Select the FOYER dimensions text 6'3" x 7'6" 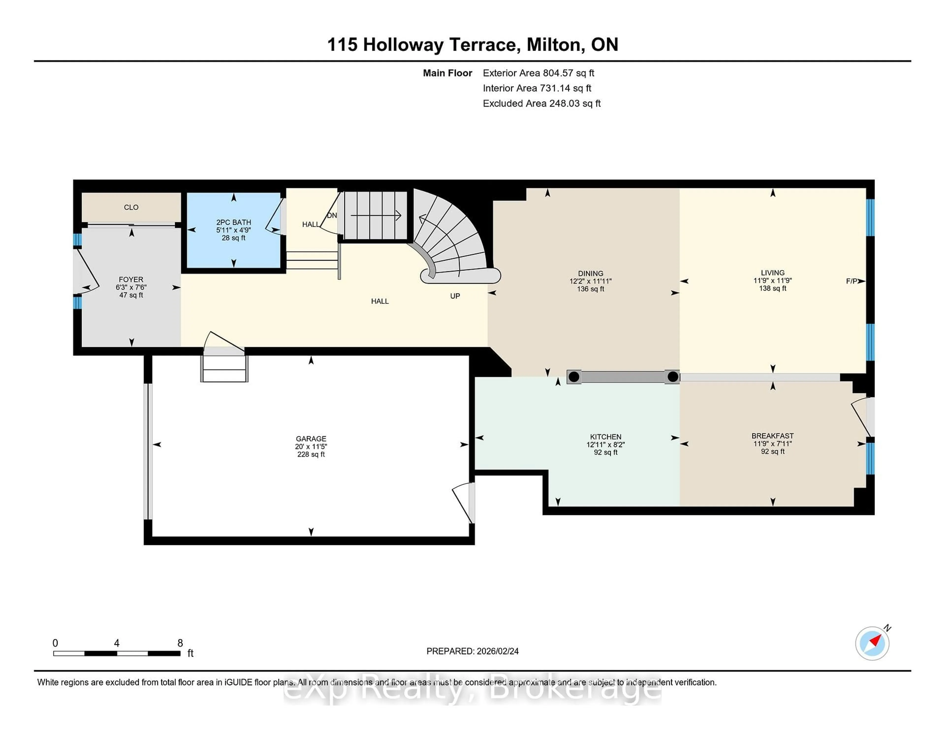[131, 288]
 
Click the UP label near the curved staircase [455, 296]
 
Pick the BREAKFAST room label [772, 436]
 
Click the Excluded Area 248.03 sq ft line [541, 103]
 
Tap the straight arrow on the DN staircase [376, 215]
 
